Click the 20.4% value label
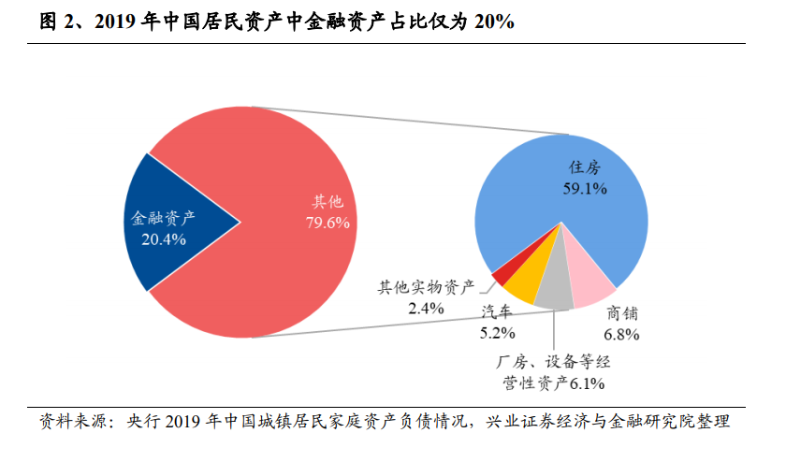click(164, 239)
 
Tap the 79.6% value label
click(327, 222)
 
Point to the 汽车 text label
click(497, 312)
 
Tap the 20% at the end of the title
click(492, 20)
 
